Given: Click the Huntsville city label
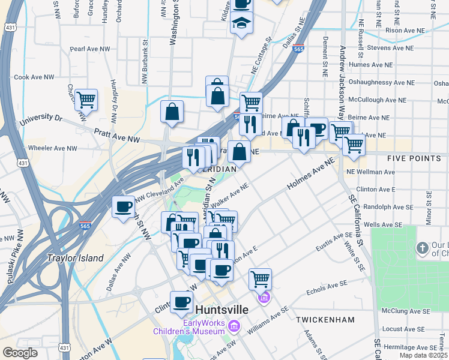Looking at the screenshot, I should (x=222, y=309).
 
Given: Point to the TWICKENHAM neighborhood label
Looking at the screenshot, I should (x=325, y=320).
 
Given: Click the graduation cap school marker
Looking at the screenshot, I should (x=241, y=24).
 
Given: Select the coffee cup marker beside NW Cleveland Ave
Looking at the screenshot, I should (x=124, y=208).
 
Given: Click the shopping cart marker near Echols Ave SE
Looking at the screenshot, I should (x=260, y=279).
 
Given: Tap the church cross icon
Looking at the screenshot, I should (x=423, y=248).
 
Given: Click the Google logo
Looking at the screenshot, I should (x=20, y=352).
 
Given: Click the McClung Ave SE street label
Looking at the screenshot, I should (x=408, y=311).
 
